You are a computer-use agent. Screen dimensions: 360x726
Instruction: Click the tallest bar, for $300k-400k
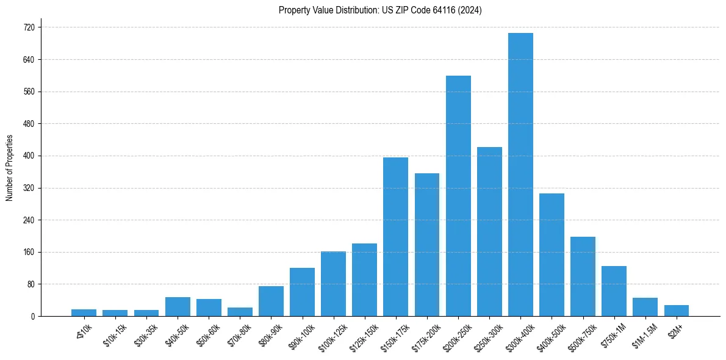pos(520,175)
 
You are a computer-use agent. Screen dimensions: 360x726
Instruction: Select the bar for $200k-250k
pos(458,196)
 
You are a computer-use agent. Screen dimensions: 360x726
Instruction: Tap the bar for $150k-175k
pos(395,237)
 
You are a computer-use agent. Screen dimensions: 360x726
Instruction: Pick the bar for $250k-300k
pos(489,231)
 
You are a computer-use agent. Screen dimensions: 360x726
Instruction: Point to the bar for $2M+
pos(676,311)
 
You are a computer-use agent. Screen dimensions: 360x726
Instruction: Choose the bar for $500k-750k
pos(583,276)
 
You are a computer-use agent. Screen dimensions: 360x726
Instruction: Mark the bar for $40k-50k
pos(178,306)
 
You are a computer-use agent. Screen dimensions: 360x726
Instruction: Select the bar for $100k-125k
pos(333,284)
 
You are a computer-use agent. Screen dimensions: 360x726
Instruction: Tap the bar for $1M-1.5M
pos(645,307)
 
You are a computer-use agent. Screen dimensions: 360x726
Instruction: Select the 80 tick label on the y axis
pos(31,284)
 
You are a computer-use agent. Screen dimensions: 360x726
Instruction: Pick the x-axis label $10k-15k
pos(114,335)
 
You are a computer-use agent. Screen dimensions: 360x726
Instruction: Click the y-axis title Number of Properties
pos(9,168)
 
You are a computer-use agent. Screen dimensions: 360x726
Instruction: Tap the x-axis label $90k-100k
pos(300,336)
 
